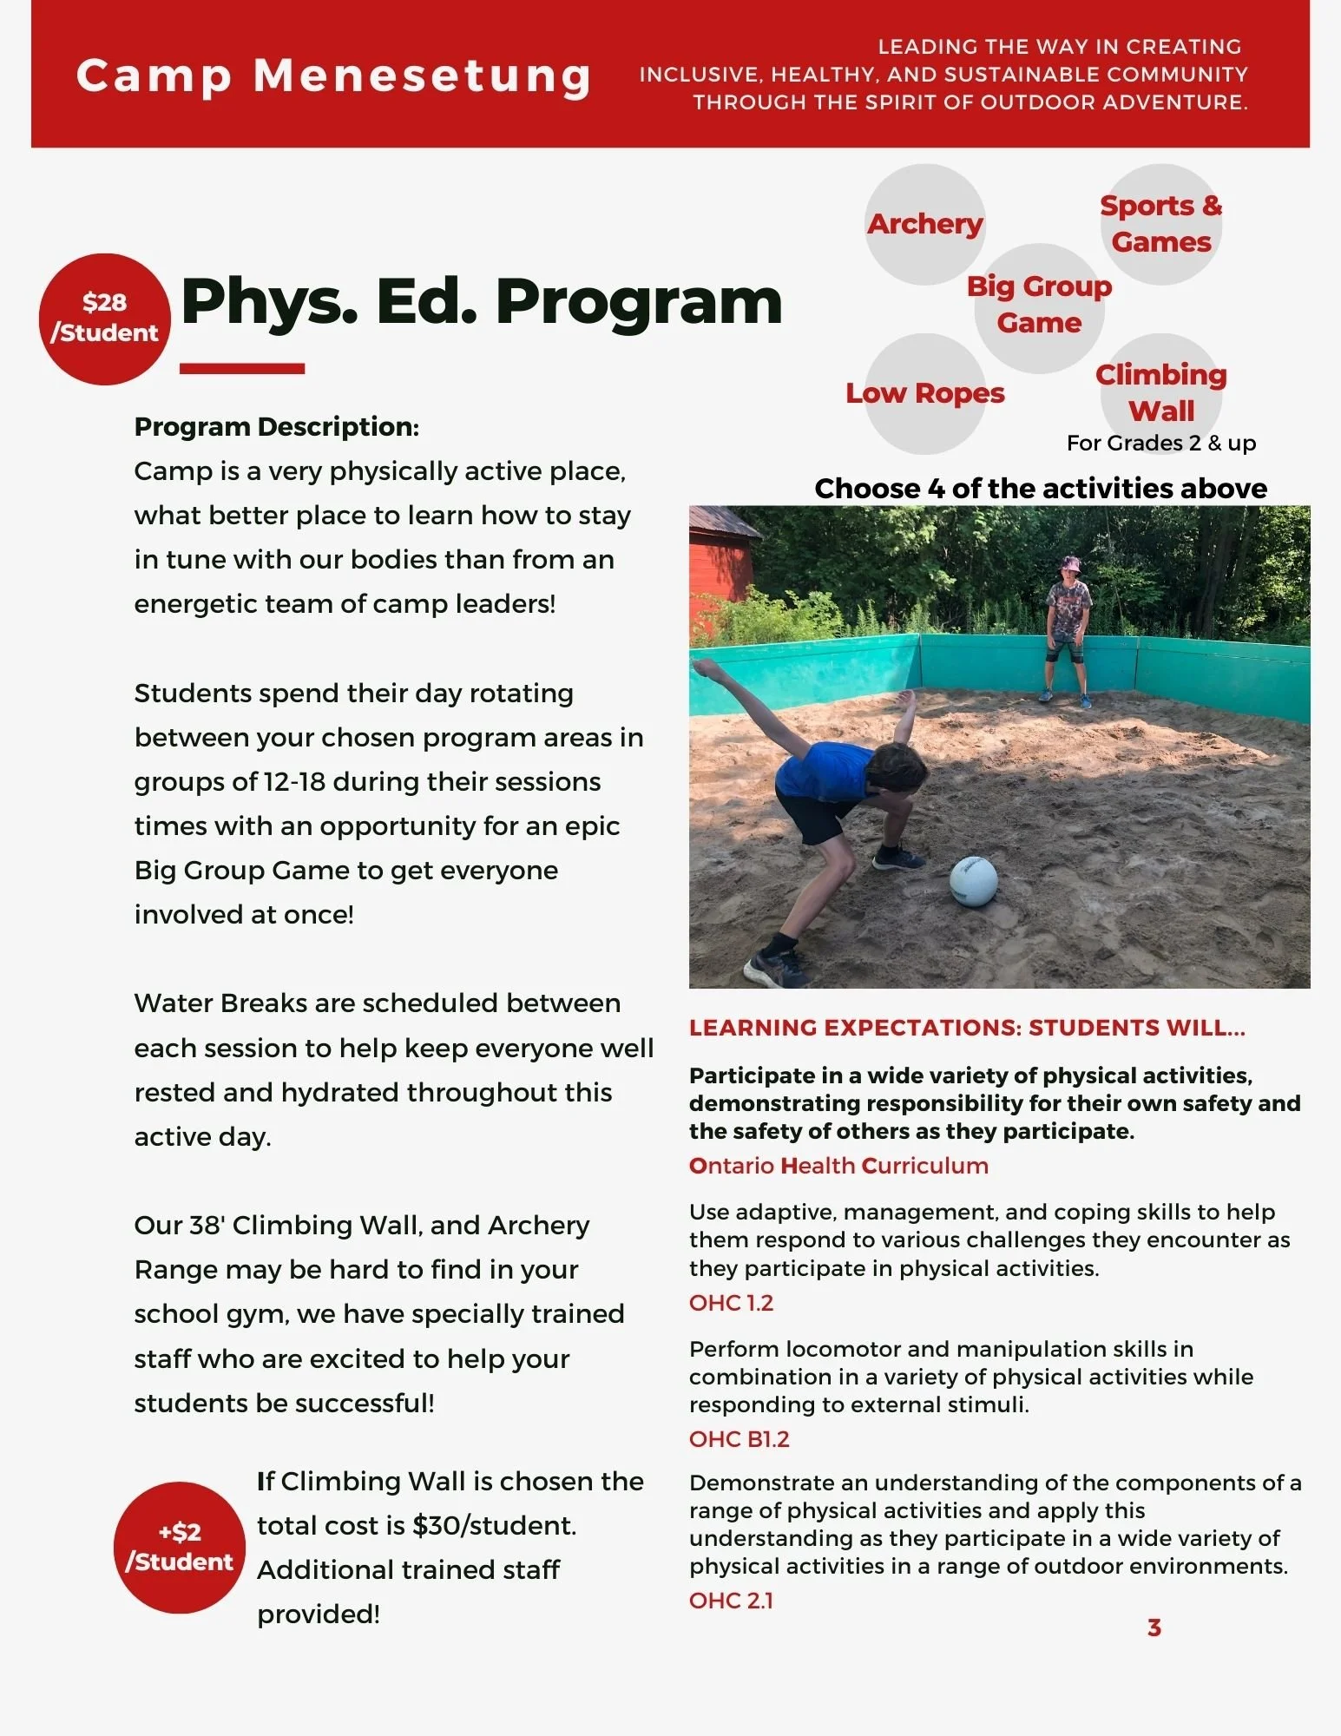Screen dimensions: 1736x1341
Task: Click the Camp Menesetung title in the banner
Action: pos(333,76)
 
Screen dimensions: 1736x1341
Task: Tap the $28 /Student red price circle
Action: pos(104,319)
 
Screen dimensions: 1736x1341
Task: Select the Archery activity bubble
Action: pos(925,224)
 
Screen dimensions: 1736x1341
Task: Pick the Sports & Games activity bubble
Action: pos(1160,224)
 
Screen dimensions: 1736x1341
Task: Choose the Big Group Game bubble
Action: pos(1039,306)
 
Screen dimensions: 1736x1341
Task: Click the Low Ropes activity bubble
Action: pos(925,393)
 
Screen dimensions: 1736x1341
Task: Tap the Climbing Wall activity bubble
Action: pos(1160,392)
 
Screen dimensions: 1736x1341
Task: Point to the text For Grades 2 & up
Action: pos(1160,444)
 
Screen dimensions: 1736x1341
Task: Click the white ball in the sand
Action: pos(973,881)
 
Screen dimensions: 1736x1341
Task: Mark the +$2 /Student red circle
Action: pos(180,1547)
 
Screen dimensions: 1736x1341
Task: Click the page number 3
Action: pos(1154,1628)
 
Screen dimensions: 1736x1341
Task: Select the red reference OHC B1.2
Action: pos(739,1439)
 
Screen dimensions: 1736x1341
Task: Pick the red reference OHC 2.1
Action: pos(731,1601)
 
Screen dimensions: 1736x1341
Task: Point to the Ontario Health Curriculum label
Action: pos(838,1166)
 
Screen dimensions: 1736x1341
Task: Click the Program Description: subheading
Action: pos(276,427)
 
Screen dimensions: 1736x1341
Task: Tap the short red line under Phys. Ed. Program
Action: pos(242,369)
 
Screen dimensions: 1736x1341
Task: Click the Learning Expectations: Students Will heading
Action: pos(967,1028)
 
